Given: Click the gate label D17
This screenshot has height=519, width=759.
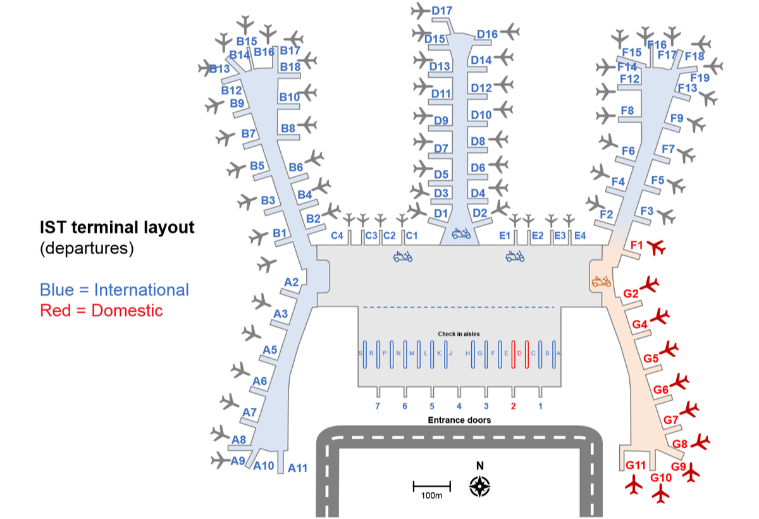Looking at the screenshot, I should (x=441, y=11).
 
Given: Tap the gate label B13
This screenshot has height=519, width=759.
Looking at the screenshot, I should (x=219, y=68).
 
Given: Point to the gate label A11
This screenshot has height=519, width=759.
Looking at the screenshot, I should (x=297, y=468).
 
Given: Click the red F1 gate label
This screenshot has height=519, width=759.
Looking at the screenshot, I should (x=637, y=245).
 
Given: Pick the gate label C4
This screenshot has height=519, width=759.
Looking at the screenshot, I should (x=338, y=236).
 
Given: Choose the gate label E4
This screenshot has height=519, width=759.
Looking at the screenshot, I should (x=579, y=236).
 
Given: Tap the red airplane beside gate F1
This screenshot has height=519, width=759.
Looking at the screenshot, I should (x=658, y=247).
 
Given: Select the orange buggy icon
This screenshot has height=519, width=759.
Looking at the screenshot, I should (x=601, y=281).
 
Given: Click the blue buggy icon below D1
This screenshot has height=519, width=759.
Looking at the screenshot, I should (x=461, y=234).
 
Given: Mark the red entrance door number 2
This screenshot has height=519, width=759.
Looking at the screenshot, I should (x=514, y=406).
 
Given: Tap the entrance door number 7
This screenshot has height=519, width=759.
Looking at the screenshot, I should (x=378, y=406).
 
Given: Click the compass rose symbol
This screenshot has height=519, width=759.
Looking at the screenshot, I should (x=480, y=485).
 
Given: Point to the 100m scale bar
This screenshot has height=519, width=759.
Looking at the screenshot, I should (x=431, y=487).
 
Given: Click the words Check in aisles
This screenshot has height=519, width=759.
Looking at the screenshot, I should (x=459, y=333).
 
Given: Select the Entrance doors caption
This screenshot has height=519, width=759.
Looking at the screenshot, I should (x=459, y=420).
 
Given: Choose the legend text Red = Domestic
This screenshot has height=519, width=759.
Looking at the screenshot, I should (x=101, y=310).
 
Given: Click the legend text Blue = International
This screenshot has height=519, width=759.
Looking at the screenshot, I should (x=114, y=290).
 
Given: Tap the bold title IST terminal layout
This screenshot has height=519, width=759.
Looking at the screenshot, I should (x=117, y=228).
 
